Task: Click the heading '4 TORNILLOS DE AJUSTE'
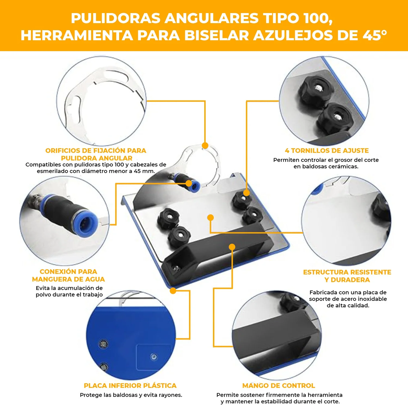coord(326,151)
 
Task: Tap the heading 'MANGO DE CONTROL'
coord(278,386)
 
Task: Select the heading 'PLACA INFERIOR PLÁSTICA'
coord(130,386)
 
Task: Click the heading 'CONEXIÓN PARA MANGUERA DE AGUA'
coord(68,275)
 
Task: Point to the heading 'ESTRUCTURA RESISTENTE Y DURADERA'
coord(347,276)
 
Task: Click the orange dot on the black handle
coord(232,247)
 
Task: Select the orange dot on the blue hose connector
coord(189,184)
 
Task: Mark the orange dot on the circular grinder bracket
coord(205,146)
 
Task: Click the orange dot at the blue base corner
coord(173,291)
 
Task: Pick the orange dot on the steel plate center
coord(210,218)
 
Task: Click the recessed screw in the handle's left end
coord(176,268)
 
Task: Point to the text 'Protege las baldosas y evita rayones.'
coord(131,395)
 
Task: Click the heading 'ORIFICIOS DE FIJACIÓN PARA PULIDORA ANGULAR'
coord(96,154)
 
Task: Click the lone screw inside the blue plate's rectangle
coord(154,357)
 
